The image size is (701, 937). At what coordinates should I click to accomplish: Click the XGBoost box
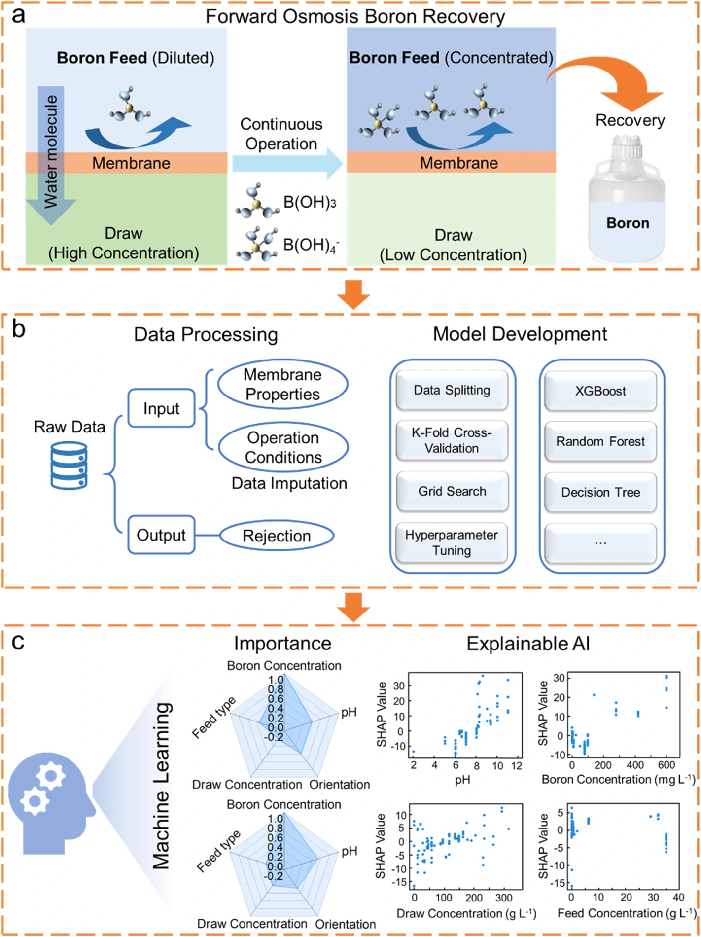click(600, 391)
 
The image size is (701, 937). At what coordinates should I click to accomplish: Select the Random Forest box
click(600, 441)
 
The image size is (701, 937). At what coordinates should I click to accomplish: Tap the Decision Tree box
click(600, 492)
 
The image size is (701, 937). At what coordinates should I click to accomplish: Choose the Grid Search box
click(452, 491)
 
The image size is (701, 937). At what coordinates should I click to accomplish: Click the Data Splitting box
click(452, 390)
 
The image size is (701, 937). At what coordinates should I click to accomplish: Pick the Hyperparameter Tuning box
click(452, 542)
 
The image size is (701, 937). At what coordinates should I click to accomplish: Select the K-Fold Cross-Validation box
click(452, 440)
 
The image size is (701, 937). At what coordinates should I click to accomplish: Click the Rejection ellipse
click(277, 536)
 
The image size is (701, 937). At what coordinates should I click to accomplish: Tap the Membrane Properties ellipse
click(283, 384)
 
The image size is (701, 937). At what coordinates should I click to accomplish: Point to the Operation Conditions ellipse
click(283, 447)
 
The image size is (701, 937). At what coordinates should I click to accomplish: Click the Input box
click(161, 408)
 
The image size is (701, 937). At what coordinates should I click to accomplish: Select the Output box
click(161, 535)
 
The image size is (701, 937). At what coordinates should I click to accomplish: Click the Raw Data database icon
click(69, 465)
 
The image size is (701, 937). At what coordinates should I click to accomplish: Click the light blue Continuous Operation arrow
click(288, 163)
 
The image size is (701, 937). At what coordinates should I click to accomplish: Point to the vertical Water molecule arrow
click(51, 155)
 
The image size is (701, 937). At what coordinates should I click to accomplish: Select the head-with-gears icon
click(51, 803)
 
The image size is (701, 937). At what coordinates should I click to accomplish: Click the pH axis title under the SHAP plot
click(462, 780)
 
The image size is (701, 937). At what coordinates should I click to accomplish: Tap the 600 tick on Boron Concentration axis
click(666, 765)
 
